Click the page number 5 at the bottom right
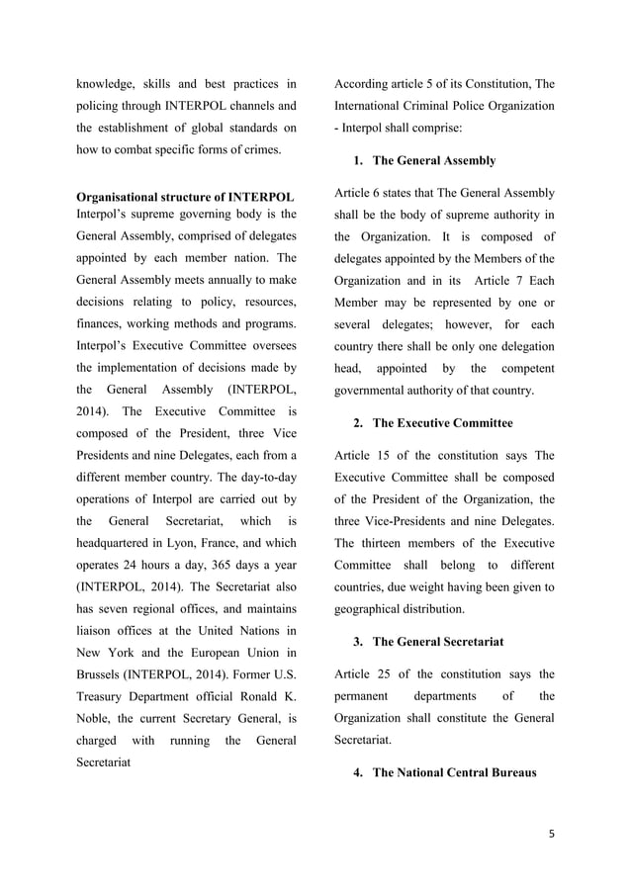551,832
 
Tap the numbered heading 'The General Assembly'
433,160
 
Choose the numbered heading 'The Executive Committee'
442,422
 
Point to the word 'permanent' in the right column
366,696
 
